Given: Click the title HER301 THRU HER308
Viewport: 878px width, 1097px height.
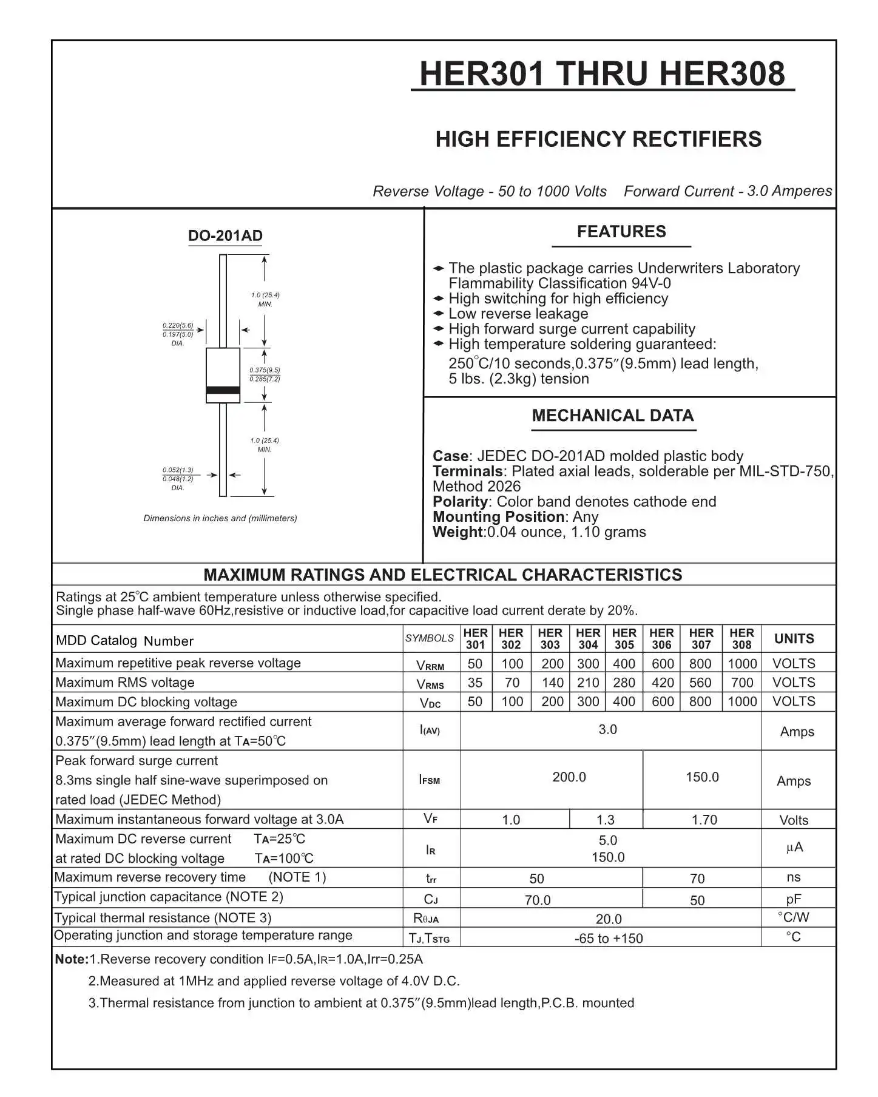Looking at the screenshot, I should [602, 74].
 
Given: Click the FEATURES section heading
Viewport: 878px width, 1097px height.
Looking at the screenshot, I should [621, 232].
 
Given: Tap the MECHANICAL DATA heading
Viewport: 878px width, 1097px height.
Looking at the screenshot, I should [612, 416].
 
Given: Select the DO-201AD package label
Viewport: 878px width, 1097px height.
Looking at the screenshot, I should [225, 236].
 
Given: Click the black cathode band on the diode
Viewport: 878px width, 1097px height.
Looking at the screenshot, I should [223, 390].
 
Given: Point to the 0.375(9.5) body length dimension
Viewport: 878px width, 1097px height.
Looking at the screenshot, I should [265, 370].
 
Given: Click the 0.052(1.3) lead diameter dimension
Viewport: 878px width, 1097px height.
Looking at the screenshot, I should [178, 470].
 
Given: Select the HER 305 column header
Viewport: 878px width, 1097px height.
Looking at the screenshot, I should [624, 639].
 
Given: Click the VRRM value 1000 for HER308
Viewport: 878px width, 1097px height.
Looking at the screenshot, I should [741, 664].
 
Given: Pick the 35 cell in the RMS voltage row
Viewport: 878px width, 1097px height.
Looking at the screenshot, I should [475, 683].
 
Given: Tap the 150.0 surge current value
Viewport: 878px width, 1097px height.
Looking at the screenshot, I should [702, 777].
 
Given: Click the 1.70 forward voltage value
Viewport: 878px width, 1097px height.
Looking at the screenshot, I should [704, 820].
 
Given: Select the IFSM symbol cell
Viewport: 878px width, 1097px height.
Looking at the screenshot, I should [430, 780].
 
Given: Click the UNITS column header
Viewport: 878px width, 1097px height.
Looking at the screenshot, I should [794, 639].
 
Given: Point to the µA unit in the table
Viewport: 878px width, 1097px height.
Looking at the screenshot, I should [794, 848].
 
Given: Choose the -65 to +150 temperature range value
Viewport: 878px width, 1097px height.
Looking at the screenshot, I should [608, 939].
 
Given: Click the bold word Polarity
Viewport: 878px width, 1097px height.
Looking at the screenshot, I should [460, 502].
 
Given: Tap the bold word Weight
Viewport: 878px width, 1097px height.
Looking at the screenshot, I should [458, 532].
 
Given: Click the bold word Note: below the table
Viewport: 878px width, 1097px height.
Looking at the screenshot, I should [72, 959].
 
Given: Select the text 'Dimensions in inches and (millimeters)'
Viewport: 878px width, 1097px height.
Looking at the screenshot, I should [220, 518].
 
